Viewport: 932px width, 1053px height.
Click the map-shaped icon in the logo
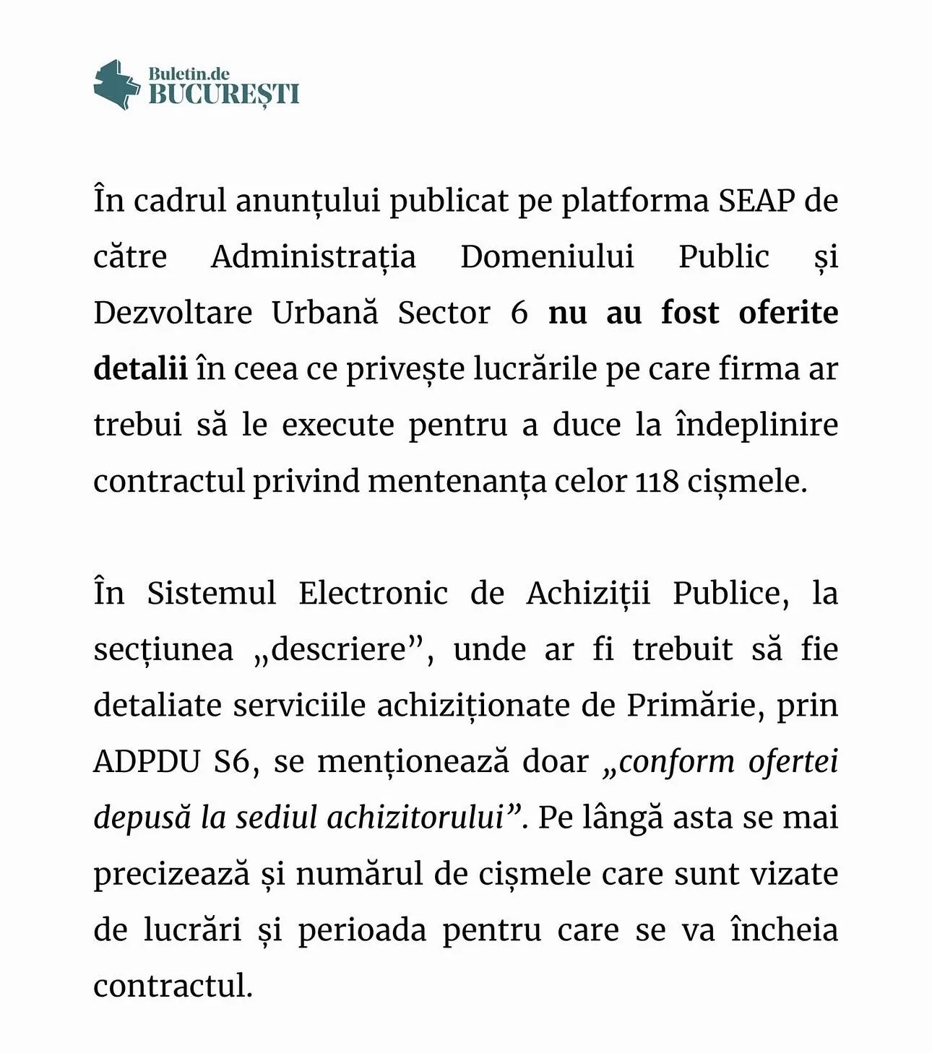click(x=116, y=85)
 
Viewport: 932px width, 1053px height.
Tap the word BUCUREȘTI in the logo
click(x=224, y=95)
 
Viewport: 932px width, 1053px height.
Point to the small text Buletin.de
click(x=189, y=73)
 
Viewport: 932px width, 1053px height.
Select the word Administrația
click(x=314, y=257)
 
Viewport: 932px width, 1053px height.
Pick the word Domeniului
click(x=548, y=256)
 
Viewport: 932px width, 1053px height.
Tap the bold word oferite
click(x=788, y=313)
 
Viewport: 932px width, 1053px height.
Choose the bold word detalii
click(x=140, y=369)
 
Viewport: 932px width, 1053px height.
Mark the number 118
click(x=657, y=481)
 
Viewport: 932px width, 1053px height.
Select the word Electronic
click(x=374, y=593)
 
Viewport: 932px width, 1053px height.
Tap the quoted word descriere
click(x=337, y=649)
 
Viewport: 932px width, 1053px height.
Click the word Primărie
click(x=694, y=705)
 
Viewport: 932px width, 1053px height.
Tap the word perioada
click(x=362, y=930)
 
